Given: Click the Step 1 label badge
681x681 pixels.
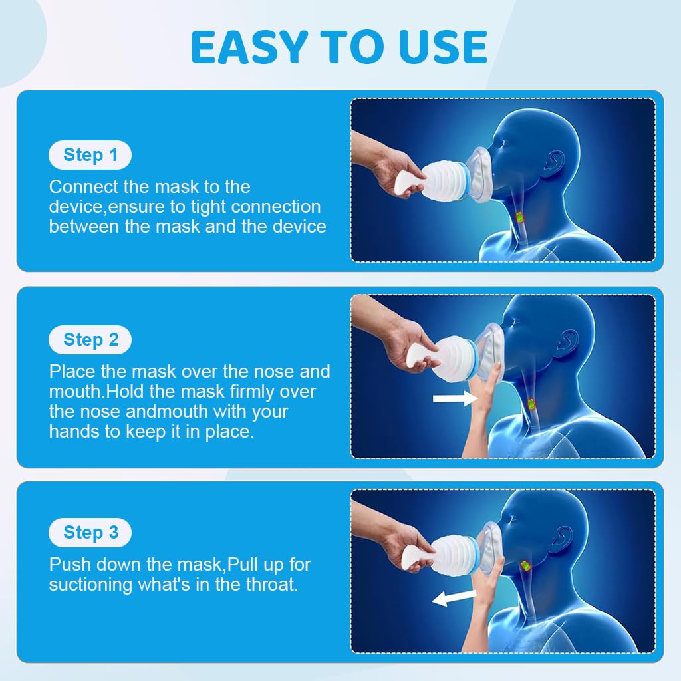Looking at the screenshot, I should [x=90, y=155].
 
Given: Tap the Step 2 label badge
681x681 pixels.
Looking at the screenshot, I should [x=90, y=340].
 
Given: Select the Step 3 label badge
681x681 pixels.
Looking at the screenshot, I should [x=90, y=532].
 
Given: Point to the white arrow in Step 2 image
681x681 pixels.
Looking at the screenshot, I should [x=454, y=398].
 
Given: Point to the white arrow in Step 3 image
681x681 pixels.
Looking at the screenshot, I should [x=454, y=597].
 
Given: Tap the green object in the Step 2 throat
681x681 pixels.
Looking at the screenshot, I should [x=532, y=404].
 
